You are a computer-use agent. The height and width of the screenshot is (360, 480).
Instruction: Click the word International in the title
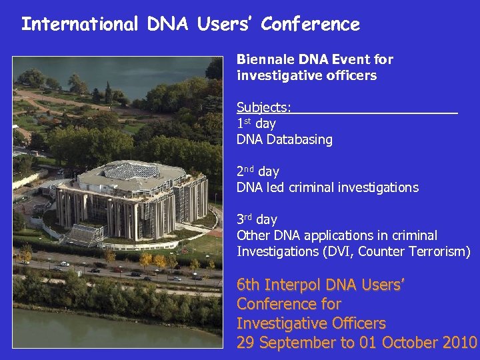[x=79, y=25]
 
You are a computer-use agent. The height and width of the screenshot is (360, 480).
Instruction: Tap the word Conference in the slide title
[x=310, y=25]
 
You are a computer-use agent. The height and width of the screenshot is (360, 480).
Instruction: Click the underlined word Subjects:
[x=264, y=108]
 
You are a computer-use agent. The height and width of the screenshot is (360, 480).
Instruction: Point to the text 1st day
[x=256, y=124]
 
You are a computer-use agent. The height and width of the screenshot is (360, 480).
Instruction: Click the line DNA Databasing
[x=284, y=140]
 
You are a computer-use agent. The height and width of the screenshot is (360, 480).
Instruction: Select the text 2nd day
[x=257, y=171]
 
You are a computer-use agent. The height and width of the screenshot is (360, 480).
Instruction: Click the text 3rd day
[x=257, y=219]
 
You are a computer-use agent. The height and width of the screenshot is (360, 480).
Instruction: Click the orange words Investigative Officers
[x=311, y=324]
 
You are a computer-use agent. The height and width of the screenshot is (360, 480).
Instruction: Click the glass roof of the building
[x=133, y=171]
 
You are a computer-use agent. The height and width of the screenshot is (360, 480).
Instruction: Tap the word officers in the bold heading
[x=349, y=75]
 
